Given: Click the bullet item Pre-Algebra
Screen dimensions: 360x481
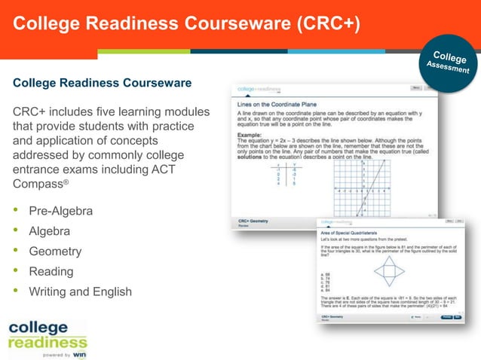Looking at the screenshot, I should (61, 211).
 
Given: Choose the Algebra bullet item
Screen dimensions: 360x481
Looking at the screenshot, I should (49, 231).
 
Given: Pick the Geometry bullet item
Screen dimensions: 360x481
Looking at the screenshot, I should (55, 252).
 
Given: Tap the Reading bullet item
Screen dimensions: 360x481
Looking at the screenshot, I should (51, 271).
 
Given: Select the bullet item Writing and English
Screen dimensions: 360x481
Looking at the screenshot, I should (80, 291).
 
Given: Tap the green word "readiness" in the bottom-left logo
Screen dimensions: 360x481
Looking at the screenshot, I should (47, 343).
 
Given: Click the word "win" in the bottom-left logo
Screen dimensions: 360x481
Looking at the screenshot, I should (80, 353).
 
